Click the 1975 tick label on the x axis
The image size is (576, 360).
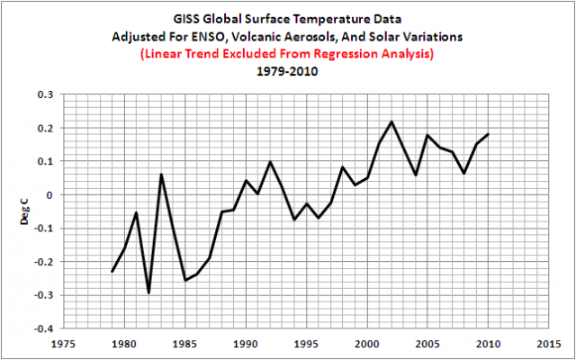click(x=63, y=344)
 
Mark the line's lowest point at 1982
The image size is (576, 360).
click(x=148, y=292)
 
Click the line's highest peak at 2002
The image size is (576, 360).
click(x=391, y=121)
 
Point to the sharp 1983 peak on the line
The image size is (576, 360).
click(x=160, y=175)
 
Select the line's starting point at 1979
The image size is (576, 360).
click(x=112, y=272)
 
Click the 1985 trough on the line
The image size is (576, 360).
click(x=184, y=280)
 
